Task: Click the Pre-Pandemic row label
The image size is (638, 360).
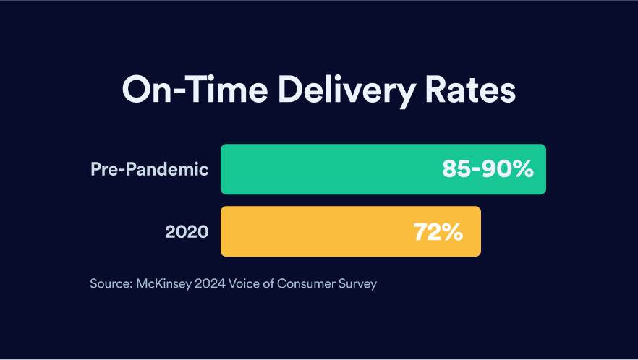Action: pyautogui.click(x=150, y=170)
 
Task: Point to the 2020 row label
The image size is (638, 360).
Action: pyautogui.click(x=187, y=232)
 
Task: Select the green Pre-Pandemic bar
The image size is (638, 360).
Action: pyautogui.click(x=326, y=169)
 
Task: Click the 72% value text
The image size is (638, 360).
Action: pyautogui.click(x=437, y=232)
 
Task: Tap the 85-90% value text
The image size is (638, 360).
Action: pyautogui.click(x=488, y=170)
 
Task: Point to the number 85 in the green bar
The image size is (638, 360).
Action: pyautogui.click(x=456, y=170)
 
